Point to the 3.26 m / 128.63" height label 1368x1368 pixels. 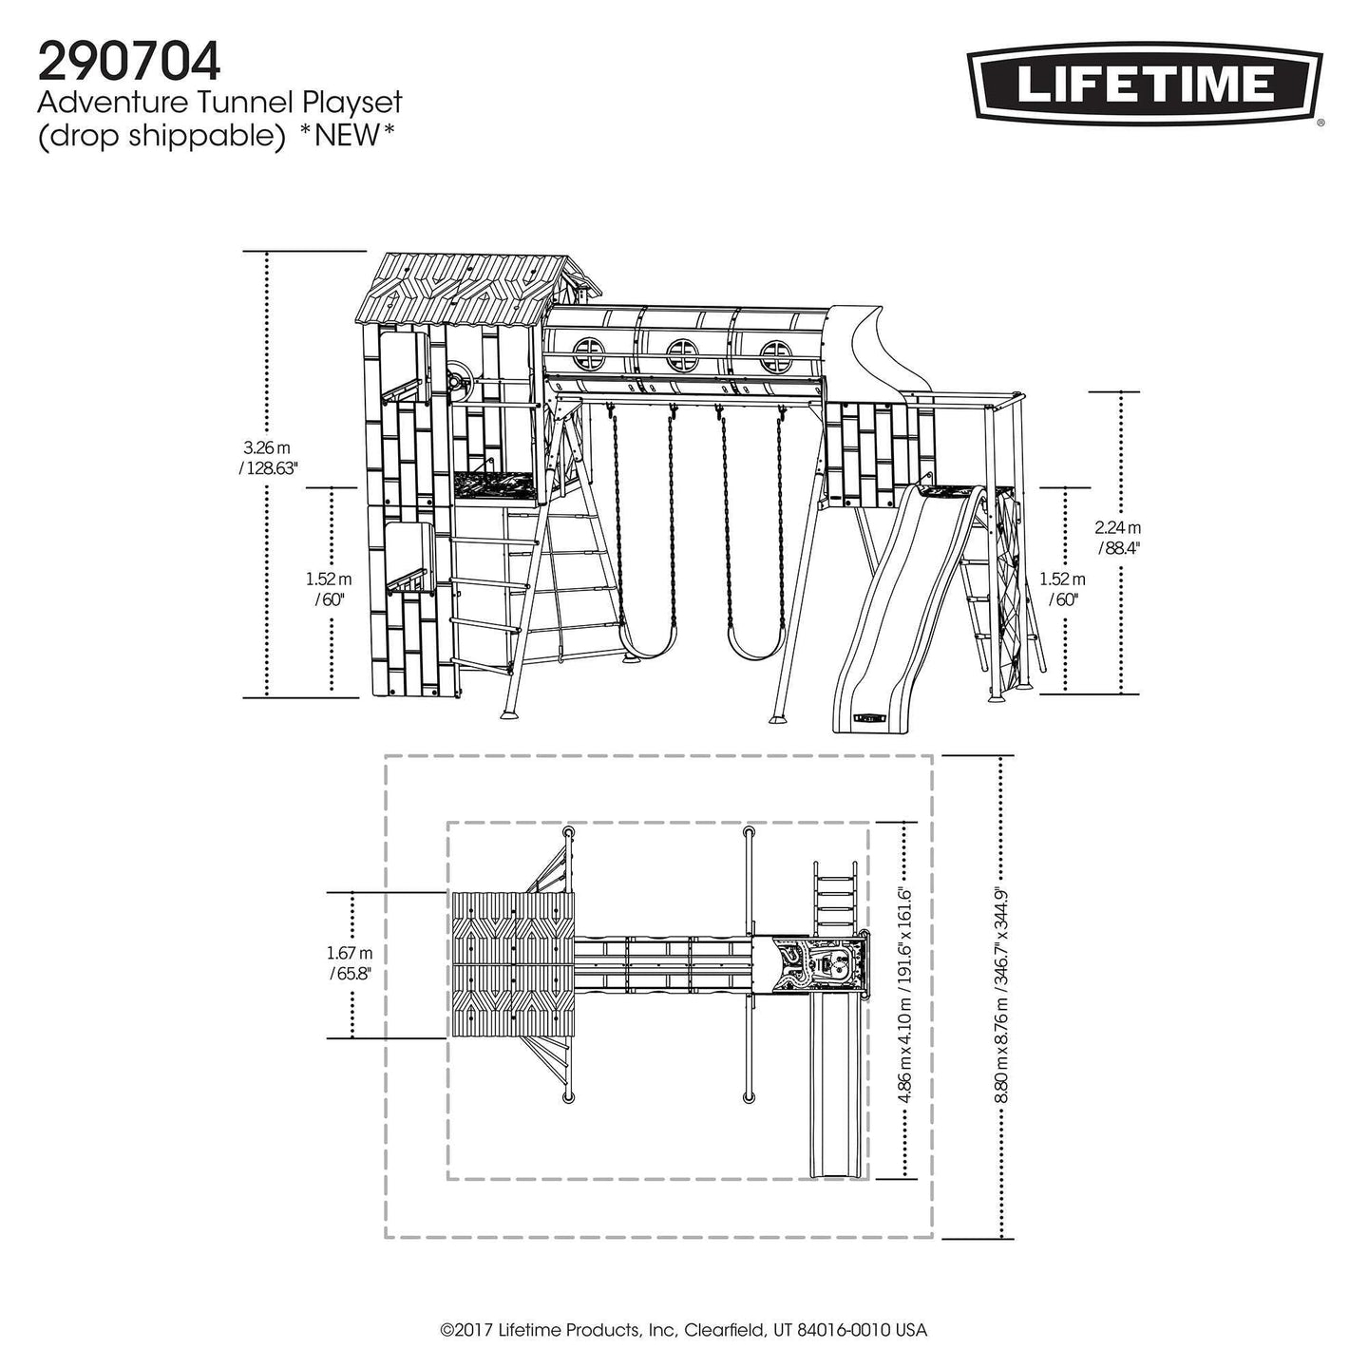coord(267,458)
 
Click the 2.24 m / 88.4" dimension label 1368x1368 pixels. coord(1118,538)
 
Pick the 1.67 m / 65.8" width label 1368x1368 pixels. coord(350,963)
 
